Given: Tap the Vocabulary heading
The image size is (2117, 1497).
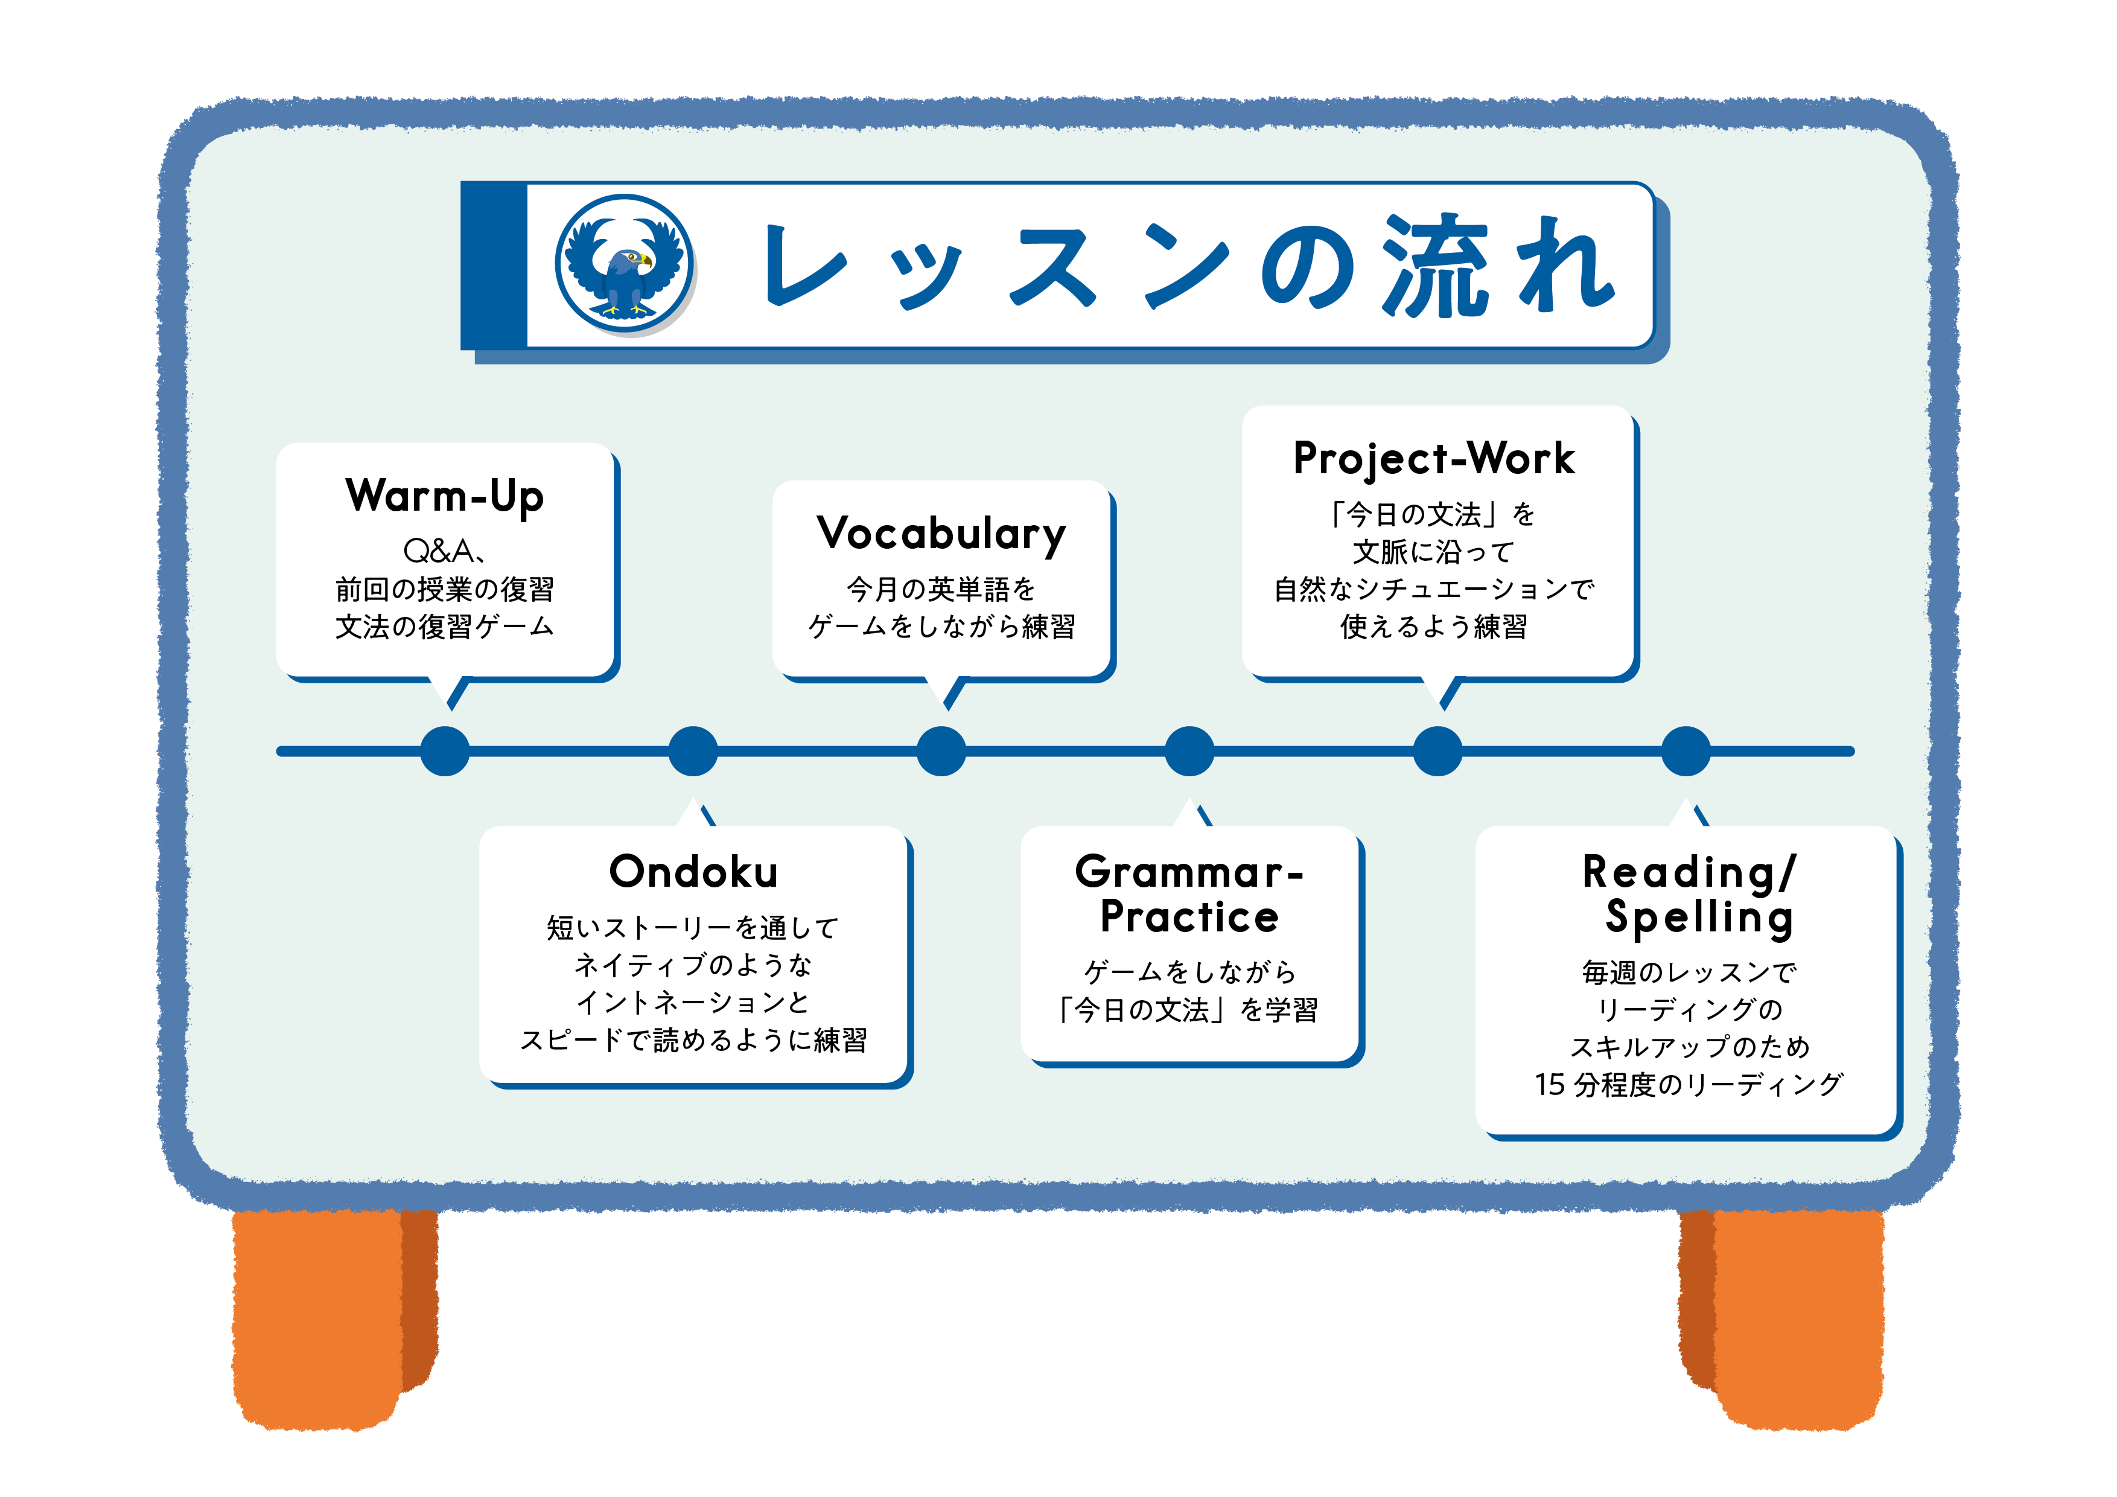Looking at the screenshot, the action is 941,534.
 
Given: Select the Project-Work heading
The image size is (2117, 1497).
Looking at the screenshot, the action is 1434,458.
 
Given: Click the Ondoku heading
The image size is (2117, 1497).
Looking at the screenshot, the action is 693,872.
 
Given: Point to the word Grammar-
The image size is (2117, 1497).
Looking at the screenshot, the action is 1188,872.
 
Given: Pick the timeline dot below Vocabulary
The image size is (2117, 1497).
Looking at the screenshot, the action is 941,751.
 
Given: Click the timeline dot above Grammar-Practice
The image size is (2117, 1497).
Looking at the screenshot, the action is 1189,751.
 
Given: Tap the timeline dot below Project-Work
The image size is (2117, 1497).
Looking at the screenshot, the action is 1437,751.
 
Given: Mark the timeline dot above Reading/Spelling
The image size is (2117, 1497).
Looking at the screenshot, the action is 1686,751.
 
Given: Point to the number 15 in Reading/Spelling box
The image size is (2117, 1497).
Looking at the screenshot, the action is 1550,1085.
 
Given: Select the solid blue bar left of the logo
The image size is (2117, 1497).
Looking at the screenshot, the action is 493,266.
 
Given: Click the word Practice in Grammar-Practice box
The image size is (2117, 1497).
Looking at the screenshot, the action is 1189,917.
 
